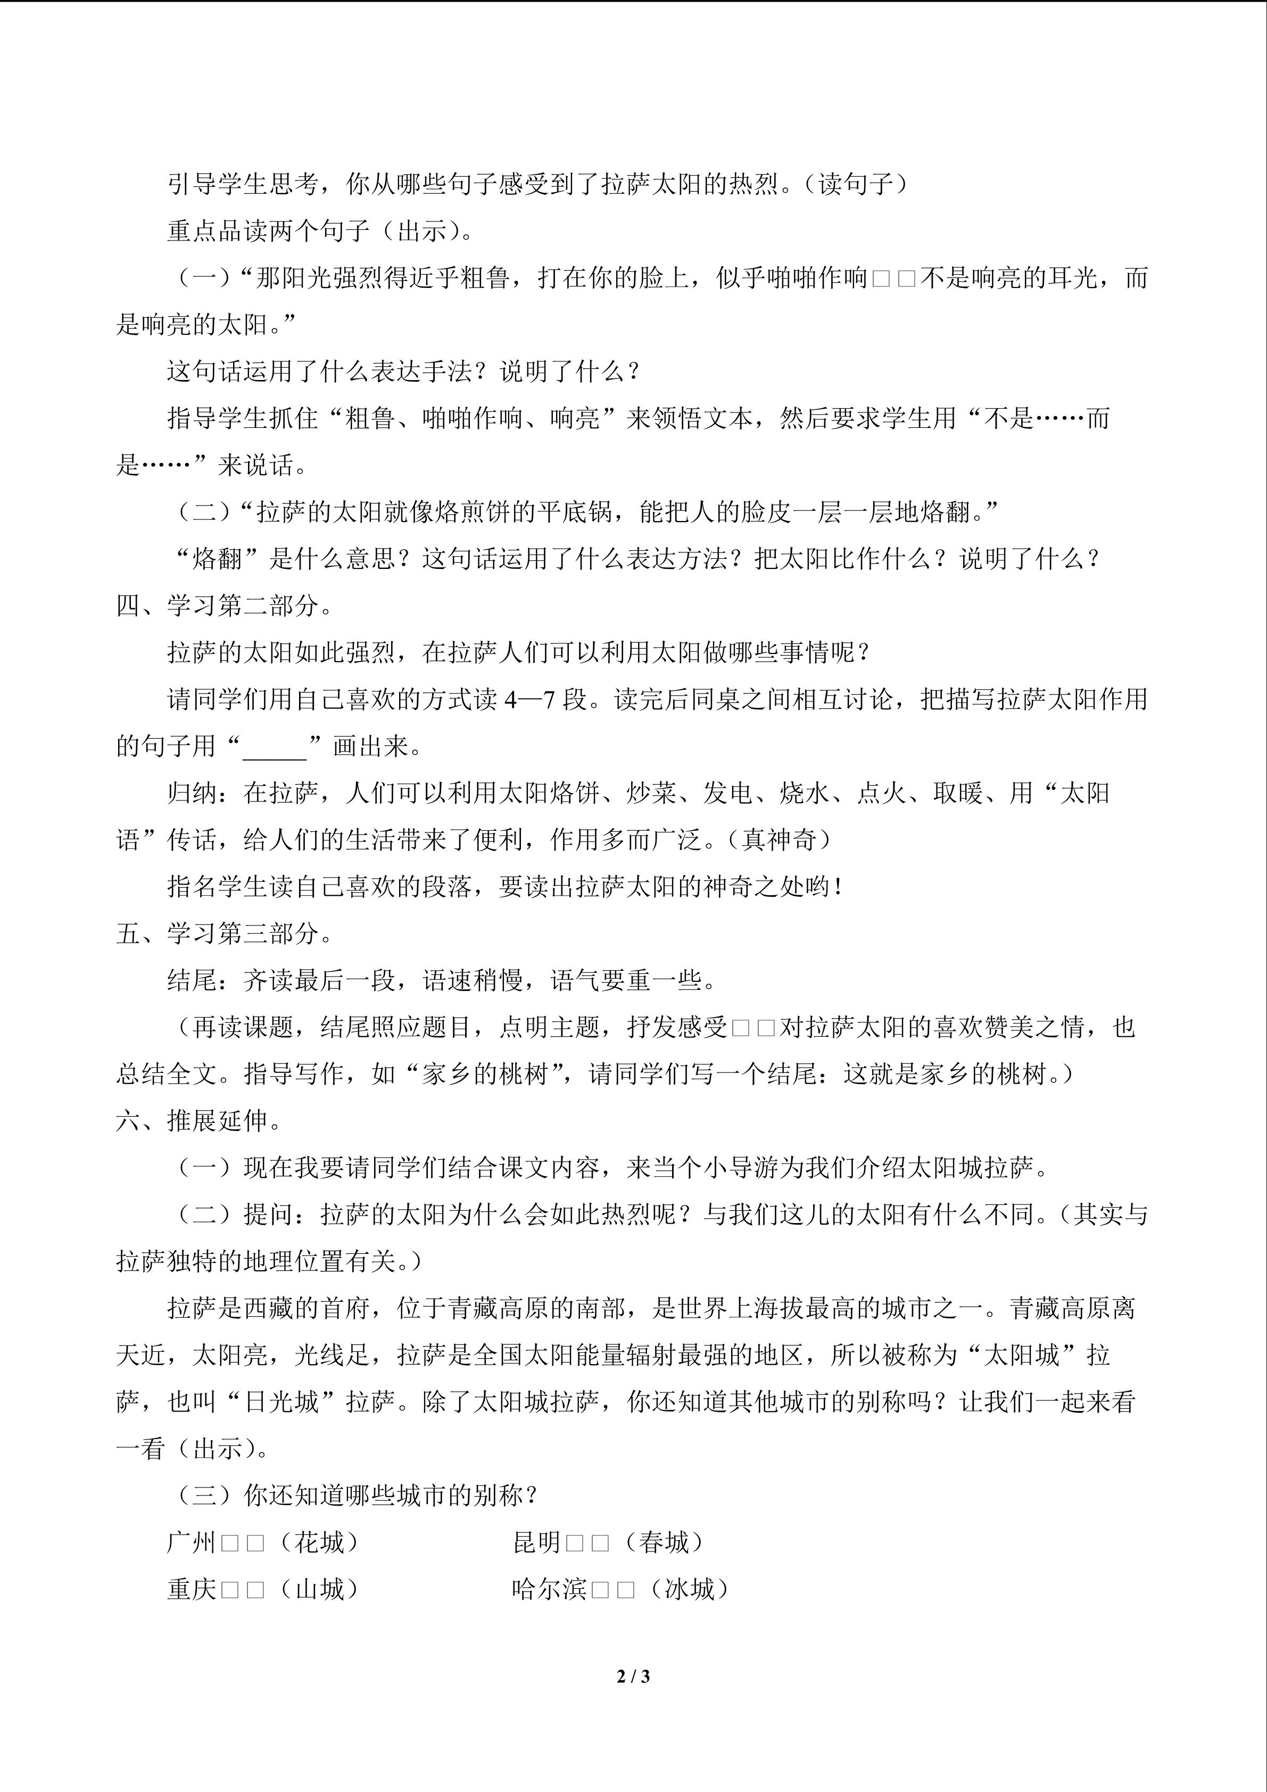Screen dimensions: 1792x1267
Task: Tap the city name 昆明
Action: (x=537, y=1542)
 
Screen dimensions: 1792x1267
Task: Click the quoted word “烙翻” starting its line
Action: (x=216, y=559)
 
